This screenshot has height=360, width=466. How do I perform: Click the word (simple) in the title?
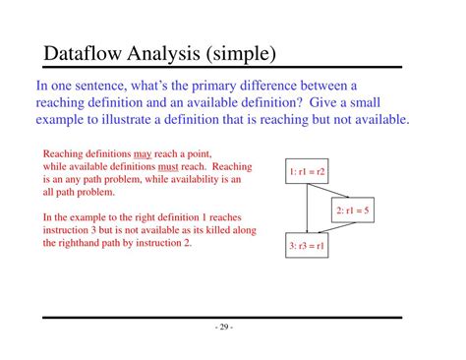click(x=237, y=51)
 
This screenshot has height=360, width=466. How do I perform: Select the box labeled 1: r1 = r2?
click(x=308, y=171)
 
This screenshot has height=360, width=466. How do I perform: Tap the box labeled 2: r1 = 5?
click(x=352, y=210)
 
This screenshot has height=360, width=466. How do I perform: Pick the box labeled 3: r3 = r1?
click(x=308, y=247)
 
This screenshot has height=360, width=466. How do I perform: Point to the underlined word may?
click(x=143, y=153)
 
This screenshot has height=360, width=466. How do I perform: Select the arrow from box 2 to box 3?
click(x=334, y=228)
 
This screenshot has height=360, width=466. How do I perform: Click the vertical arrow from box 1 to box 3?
click(x=308, y=209)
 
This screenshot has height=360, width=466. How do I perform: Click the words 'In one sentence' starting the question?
click(x=77, y=86)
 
